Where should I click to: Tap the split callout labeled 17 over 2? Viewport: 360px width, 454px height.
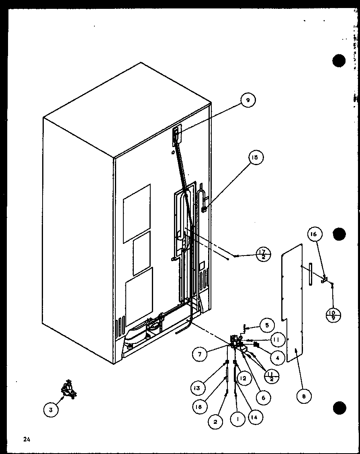pyautogui.click(x=263, y=254)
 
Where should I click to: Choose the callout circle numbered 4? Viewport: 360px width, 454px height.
pyautogui.click(x=277, y=356)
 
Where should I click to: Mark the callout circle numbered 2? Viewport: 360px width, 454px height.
pyautogui.click(x=215, y=421)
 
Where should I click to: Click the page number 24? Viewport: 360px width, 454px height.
pyautogui.click(x=27, y=440)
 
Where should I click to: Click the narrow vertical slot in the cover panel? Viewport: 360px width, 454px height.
pyautogui.click(x=311, y=274)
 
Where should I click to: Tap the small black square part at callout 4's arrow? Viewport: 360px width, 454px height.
pyautogui.click(x=256, y=344)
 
